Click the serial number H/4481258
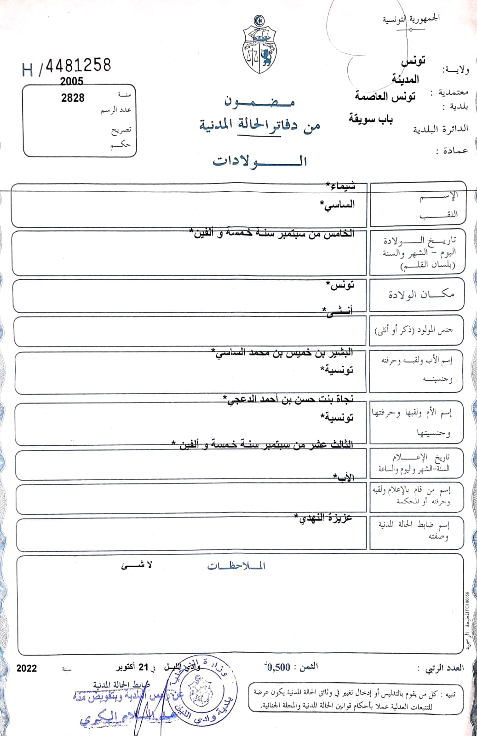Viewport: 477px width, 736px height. pos(67,67)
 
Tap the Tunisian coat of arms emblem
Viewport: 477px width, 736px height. pos(259,45)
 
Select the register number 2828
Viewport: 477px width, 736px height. pos(73,98)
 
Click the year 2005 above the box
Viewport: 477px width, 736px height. pos(71,81)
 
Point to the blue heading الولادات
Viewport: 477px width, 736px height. pos(260,161)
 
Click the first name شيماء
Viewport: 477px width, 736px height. pos(341,185)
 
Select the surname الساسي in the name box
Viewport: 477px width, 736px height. pos(338,205)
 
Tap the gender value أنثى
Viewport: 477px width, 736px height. pos(338,311)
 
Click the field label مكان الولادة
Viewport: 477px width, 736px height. pos(421,294)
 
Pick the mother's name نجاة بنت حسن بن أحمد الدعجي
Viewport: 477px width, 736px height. pos(288,399)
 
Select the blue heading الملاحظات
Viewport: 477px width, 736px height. pos(236,566)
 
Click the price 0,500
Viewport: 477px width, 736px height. pos(278,667)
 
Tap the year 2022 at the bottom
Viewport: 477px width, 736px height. pos(27,668)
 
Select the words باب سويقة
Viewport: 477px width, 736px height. pos(371,119)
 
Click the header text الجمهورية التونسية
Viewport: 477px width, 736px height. pos(411,19)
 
